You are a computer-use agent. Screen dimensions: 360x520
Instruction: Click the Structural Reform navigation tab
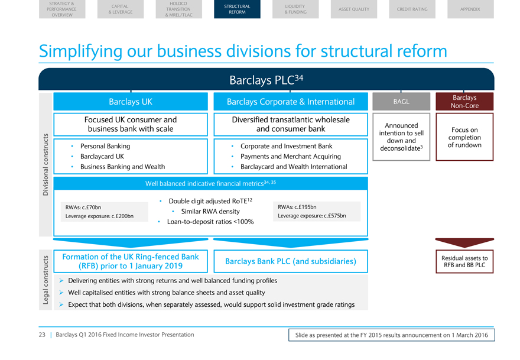[237, 9]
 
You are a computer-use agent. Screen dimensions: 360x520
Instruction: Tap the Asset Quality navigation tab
[353, 9]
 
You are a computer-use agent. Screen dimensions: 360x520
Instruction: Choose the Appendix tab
[470, 9]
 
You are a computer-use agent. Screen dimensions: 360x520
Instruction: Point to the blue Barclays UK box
[131, 102]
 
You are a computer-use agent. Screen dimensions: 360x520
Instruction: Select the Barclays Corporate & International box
[290, 102]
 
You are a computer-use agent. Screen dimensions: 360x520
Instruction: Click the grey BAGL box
[401, 102]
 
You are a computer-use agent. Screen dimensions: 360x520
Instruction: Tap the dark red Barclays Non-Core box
[464, 102]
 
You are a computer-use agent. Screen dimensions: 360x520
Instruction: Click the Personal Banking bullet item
[105, 146]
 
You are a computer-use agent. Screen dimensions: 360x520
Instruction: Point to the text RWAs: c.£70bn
[83, 207]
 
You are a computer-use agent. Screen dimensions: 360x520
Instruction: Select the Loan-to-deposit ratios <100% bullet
[210, 222]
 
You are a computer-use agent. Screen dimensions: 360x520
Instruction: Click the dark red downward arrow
[464, 243]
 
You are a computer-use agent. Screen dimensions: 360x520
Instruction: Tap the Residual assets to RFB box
[464, 261]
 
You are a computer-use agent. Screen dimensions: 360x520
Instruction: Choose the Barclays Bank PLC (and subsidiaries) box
[290, 261]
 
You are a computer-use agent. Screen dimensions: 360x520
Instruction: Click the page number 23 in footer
[43, 335]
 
